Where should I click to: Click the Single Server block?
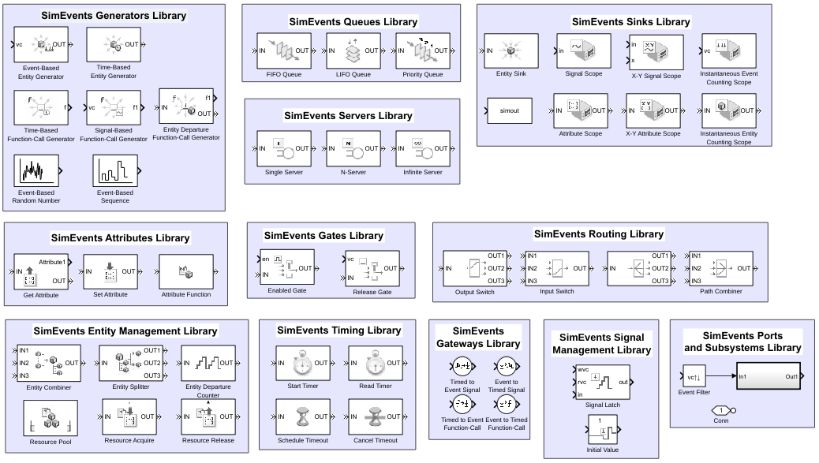point(284,148)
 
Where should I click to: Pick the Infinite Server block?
point(423,148)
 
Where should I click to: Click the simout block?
point(510,111)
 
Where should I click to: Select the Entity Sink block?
point(510,52)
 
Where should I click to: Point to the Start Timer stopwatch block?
point(302,364)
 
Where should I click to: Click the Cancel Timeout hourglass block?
point(375,417)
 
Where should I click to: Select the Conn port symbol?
point(721,409)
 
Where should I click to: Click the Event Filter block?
point(695,377)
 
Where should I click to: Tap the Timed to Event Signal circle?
point(461,367)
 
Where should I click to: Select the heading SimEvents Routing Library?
point(598,234)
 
